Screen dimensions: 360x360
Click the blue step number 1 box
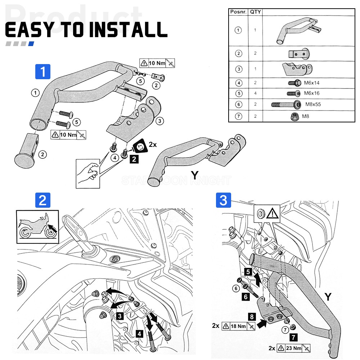click(43, 71)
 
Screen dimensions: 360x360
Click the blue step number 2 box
click(42, 200)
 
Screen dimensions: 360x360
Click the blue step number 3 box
click(223, 200)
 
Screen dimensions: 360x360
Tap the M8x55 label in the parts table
click(313, 104)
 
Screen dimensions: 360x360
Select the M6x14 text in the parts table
click(312, 83)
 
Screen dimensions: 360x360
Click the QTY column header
click(256, 12)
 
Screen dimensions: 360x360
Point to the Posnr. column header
click(238, 12)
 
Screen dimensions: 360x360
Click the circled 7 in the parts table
click(238, 116)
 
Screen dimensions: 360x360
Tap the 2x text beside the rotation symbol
click(153, 145)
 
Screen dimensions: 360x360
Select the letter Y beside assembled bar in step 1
click(195, 175)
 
